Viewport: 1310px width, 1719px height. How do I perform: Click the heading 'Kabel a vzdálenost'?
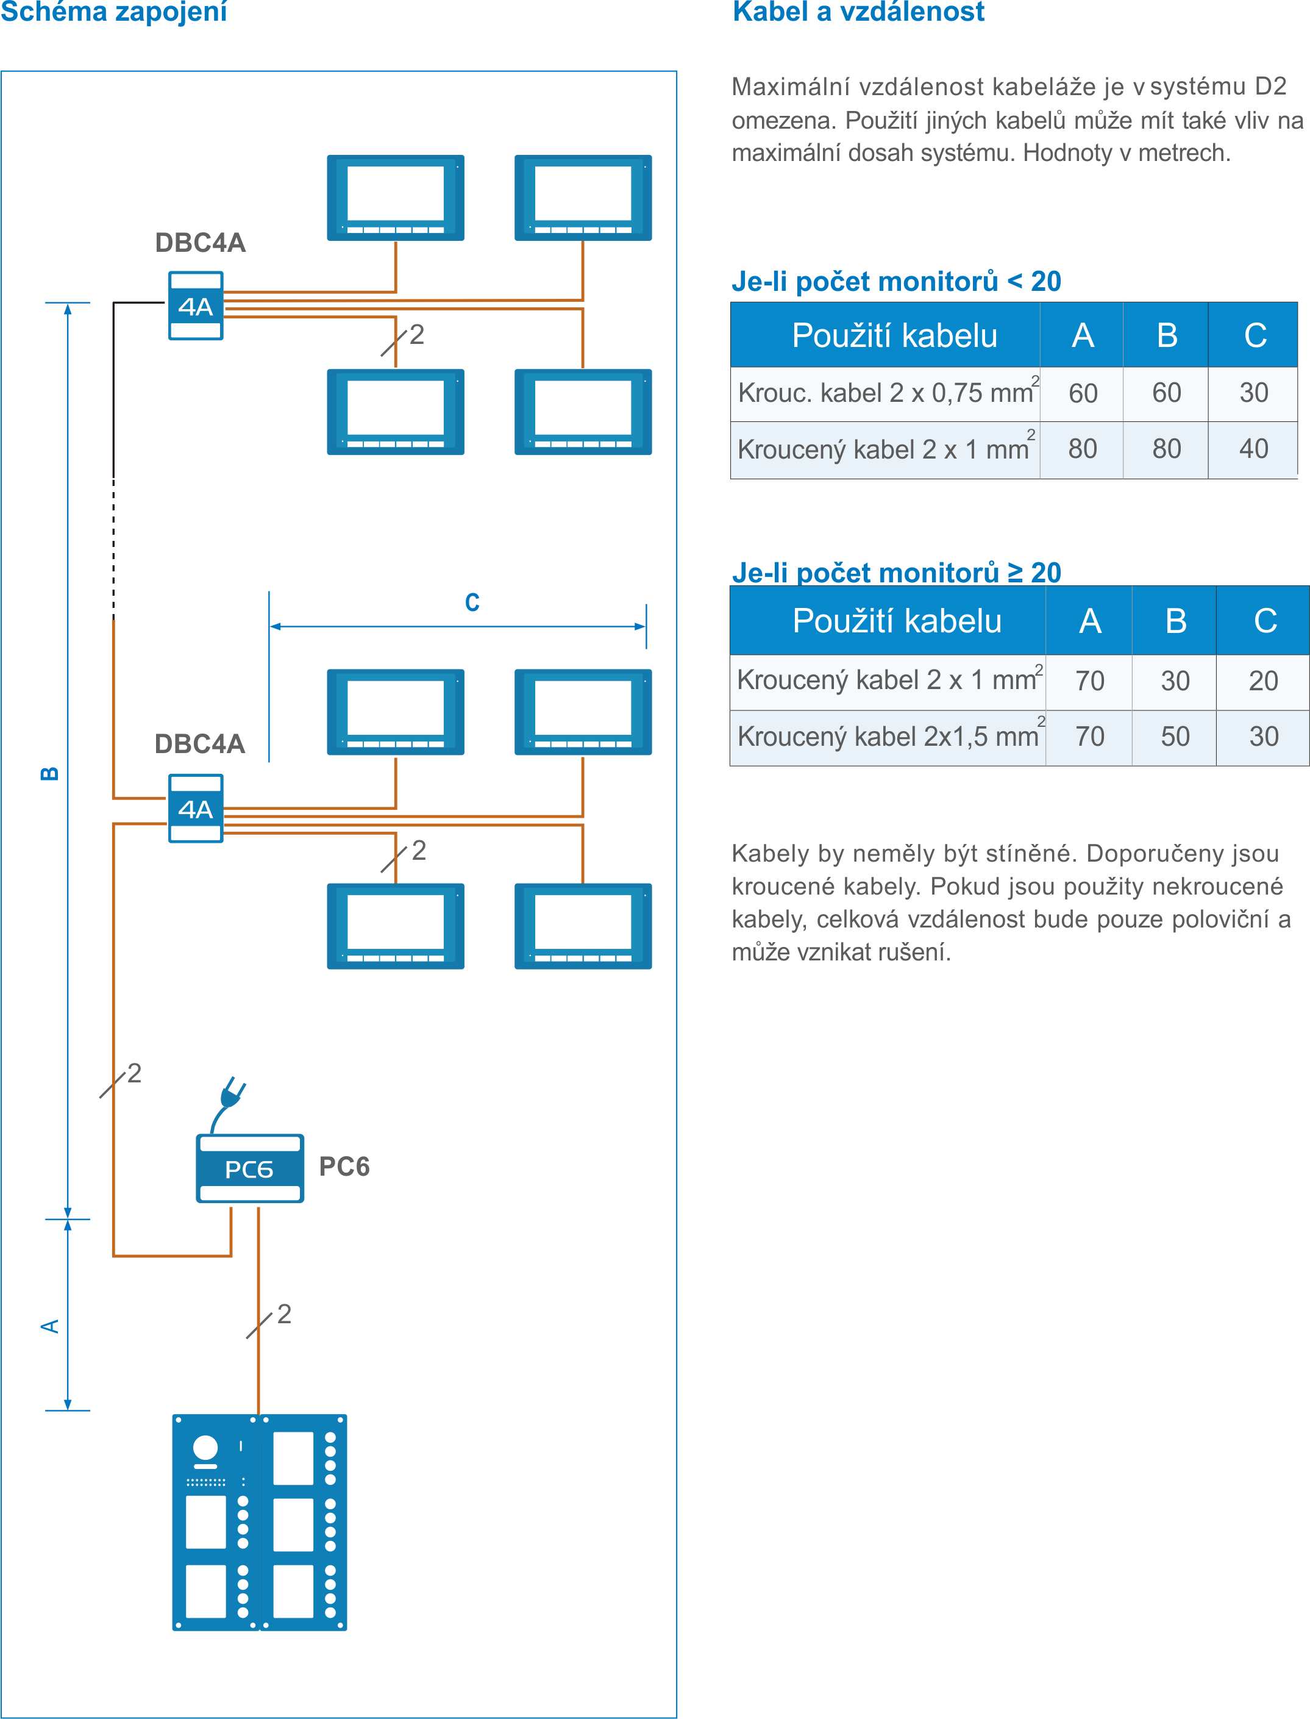pyautogui.click(x=858, y=12)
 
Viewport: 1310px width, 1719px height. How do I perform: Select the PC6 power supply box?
pyautogui.click(x=249, y=1168)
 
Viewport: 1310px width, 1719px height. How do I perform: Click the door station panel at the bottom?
pyautogui.click(x=259, y=1521)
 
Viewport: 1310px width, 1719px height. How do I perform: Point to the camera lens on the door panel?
pyautogui.click(x=205, y=1448)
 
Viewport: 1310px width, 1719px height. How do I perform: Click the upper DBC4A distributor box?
pyautogui.click(x=196, y=306)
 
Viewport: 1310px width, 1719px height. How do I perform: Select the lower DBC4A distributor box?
pyautogui.click(x=196, y=808)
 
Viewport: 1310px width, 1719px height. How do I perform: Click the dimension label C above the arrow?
pyautogui.click(x=472, y=602)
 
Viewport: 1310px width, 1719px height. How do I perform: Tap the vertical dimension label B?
pyautogui.click(x=49, y=773)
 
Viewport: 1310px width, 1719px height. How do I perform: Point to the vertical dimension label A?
pyautogui.click(x=49, y=1326)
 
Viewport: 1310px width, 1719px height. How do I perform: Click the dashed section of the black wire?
pyautogui.click(x=114, y=546)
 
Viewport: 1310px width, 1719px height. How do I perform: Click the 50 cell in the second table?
pyautogui.click(x=1174, y=736)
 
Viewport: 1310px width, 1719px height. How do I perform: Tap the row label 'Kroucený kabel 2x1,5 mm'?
pyautogui.click(x=888, y=736)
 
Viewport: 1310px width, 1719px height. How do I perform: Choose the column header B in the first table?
pyautogui.click(x=1167, y=335)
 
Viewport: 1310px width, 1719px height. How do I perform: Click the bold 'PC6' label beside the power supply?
pyautogui.click(x=344, y=1167)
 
